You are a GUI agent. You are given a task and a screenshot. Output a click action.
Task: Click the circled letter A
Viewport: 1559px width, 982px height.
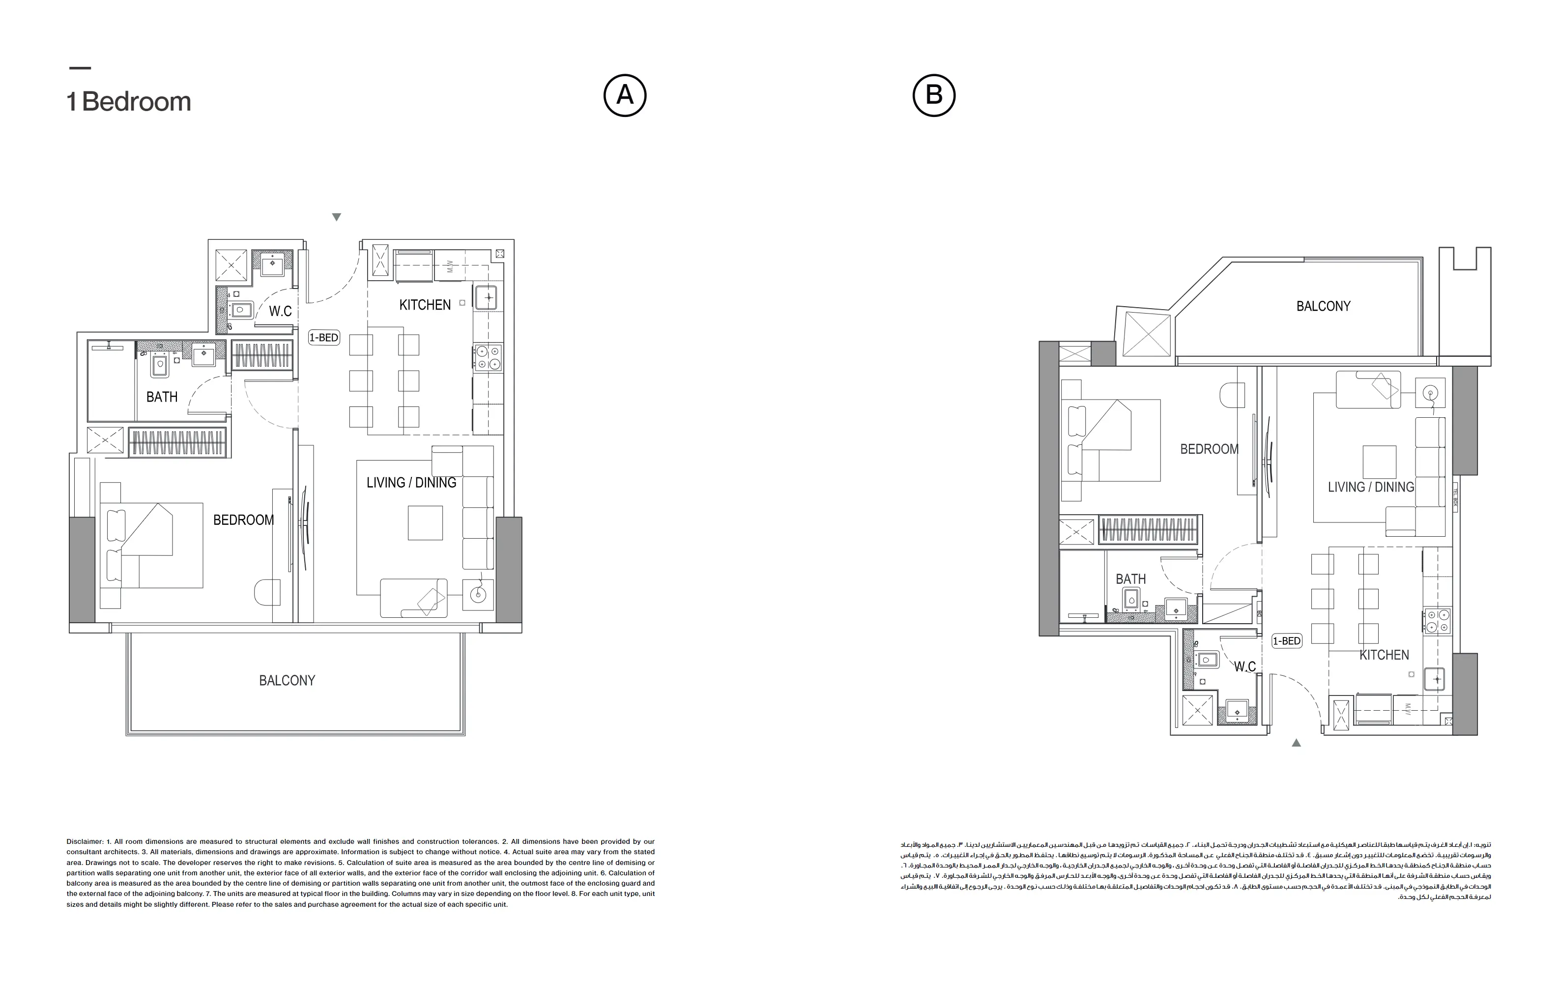tap(625, 95)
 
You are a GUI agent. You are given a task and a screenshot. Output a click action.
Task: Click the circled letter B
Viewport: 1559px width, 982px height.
tap(934, 95)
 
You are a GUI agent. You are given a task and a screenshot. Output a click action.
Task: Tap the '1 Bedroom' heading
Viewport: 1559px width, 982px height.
tap(129, 102)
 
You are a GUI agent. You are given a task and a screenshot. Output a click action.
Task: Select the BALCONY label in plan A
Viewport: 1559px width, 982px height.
tap(287, 680)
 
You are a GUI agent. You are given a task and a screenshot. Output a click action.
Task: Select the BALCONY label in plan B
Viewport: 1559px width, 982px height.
tap(1324, 306)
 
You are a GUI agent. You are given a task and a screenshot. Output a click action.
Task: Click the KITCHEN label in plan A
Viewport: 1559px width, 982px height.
tap(425, 305)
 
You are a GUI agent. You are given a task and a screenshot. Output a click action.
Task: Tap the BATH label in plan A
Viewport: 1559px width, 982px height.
tap(162, 397)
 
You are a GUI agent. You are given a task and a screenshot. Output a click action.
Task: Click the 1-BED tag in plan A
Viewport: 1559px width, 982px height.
tap(324, 337)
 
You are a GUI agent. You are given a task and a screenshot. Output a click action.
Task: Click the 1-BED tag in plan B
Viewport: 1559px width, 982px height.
tap(1286, 641)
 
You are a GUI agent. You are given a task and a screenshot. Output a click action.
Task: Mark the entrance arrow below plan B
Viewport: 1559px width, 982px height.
tap(1296, 743)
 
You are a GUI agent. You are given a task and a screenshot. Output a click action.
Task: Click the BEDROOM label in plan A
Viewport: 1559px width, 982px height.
tap(243, 520)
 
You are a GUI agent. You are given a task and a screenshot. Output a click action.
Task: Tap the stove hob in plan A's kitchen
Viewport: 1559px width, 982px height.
tap(488, 358)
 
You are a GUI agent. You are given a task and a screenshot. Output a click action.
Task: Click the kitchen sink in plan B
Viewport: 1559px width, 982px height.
tap(1435, 680)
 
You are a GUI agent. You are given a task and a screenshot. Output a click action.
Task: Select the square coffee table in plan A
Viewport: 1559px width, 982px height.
tap(425, 522)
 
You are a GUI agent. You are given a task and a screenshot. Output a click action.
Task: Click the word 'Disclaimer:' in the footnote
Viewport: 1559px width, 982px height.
tap(85, 841)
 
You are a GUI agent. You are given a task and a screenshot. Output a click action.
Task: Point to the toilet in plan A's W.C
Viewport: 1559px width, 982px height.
tap(241, 310)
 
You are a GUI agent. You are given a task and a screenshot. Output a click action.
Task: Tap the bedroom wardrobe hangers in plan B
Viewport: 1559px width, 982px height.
tap(1147, 529)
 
